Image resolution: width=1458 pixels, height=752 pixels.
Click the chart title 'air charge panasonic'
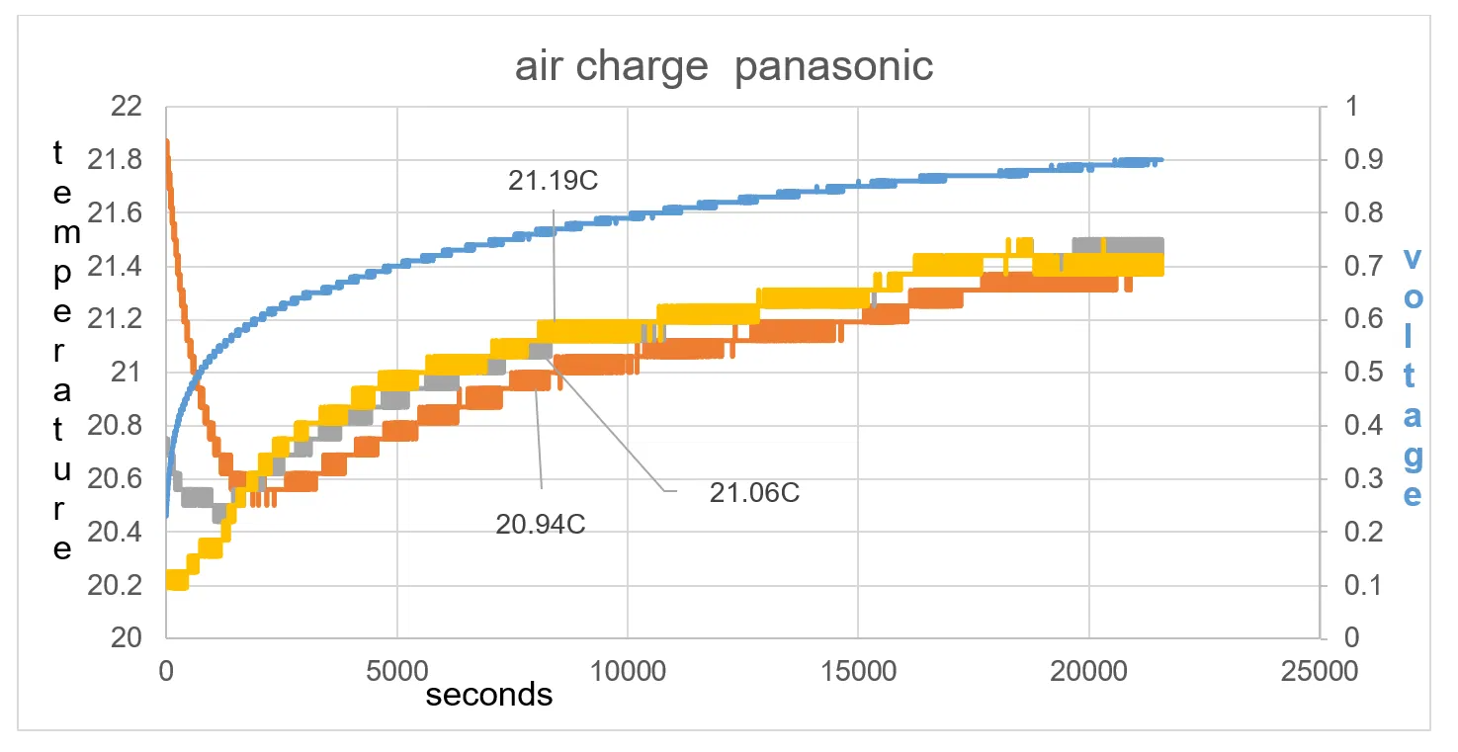click(724, 67)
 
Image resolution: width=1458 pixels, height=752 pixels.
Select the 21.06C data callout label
click(754, 492)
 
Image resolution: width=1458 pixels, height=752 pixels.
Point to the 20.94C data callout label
click(541, 524)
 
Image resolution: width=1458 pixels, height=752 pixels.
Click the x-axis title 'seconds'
click(489, 695)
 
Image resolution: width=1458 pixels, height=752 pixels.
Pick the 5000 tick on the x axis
click(396, 670)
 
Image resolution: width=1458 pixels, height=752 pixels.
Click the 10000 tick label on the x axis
click(627, 670)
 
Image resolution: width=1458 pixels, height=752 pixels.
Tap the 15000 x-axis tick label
click(857, 670)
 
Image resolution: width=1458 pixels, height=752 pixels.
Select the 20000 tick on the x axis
click(1088, 670)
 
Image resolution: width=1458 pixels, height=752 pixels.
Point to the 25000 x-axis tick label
click(1319, 670)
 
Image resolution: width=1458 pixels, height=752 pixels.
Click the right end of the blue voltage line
click(1161, 160)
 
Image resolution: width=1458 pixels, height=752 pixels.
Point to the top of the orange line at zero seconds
click(166, 141)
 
